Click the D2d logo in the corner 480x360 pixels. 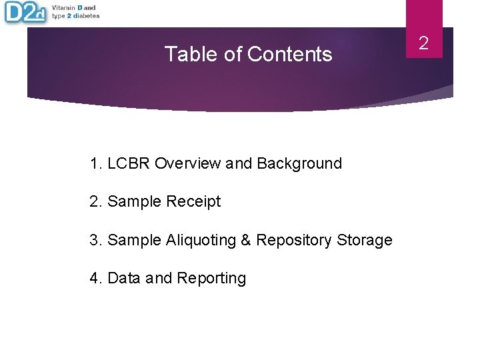click(25, 12)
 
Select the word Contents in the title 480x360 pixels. click(289, 54)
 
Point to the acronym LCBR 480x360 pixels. click(128, 163)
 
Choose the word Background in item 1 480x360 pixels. click(299, 163)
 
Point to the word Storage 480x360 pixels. click(365, 240)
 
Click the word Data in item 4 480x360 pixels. click(124, 278)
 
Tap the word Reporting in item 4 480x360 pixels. click(211, 278)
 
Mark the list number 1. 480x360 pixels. click(94, 163)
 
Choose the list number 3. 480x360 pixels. click(94, 240)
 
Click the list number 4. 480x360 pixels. click(94, 278)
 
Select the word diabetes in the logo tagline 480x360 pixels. click(86, 16)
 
